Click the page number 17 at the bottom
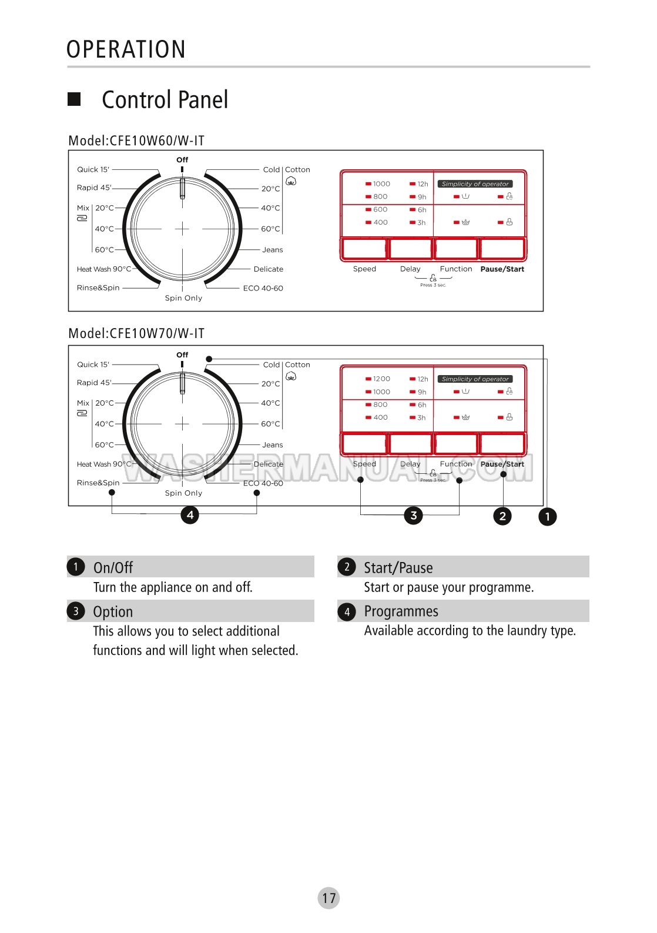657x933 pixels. click(x=328, y=898)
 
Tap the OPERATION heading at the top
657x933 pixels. click(x=126, y=49)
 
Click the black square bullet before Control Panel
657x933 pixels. click(x=74, y=99)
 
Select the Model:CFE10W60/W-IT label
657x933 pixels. click(x=136, y=141)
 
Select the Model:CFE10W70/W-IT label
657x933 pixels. click(x=136, y=333)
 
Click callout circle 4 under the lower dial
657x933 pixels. click(x=190, y=515)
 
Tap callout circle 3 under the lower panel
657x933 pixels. click(x=414, y=516)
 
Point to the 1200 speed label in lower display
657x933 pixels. click(x=381, y=379)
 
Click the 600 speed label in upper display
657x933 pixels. click(x=380, y=210)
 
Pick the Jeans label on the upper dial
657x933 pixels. click(x=273, y=250)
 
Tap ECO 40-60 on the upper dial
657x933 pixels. click(x=263, y=288)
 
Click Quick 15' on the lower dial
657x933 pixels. click(x=93, y=364)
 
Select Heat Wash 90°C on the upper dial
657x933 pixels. click(x=104, y=269)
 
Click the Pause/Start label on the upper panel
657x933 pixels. click(x=502, y=269)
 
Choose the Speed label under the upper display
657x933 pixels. click(x=364, y=269)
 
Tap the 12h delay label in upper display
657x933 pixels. click(x=423, y=184)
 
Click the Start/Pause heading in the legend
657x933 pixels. click(x=398, y=568)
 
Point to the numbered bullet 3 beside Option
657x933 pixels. click(x=76, y=611)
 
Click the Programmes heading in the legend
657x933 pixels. click(x=401, y=611)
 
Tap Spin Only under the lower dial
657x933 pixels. click(x=183, y=493)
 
